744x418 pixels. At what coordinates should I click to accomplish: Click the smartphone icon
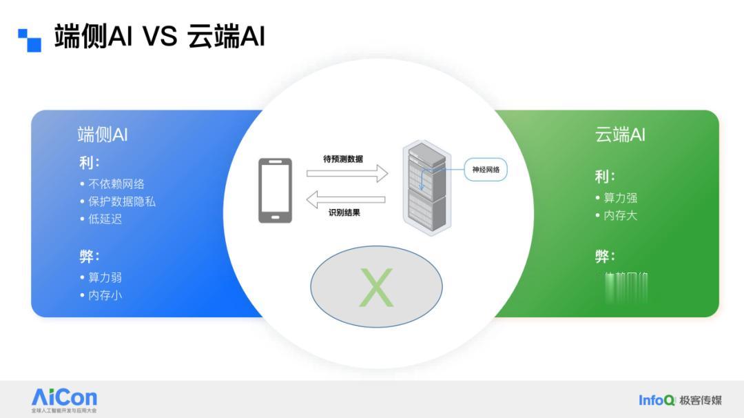click(275, 190)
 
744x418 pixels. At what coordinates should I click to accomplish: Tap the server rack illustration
click(424, 188)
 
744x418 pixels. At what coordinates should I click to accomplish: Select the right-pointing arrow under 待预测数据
click(347, 173)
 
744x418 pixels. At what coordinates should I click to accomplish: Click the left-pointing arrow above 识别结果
click(346, 200)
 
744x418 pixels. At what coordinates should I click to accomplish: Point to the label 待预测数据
click(343, 159)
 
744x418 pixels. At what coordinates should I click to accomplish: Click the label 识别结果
click(344, 212)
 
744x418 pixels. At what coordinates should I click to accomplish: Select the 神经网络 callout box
click(486, 170)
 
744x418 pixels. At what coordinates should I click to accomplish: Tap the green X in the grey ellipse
click(376, 288)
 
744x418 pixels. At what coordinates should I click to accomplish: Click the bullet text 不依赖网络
click(116, 184)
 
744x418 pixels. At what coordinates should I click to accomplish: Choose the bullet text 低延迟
click(105, 219)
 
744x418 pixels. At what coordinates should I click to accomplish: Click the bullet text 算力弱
click(105, 277)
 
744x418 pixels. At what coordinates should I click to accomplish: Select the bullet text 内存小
click(105, 295)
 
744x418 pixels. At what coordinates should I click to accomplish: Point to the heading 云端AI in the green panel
click(620, 135)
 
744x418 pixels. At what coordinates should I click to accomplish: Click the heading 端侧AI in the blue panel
click(103, 135)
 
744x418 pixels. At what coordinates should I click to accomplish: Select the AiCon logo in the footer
click(64, 399)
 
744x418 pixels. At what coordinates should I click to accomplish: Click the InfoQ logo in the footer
click(656, 400)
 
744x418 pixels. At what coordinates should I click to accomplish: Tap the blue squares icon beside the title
click(30, 39)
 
